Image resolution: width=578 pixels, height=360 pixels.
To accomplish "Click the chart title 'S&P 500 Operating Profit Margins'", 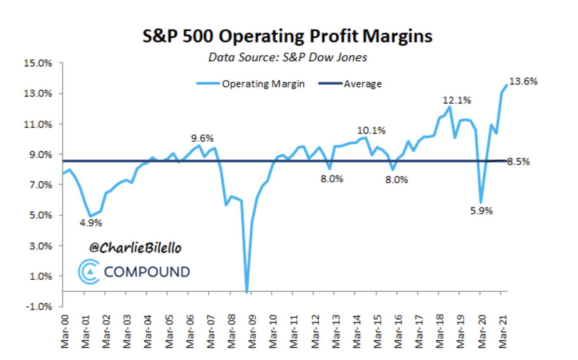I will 287,36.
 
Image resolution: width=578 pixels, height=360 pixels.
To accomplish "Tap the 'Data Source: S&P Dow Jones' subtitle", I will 287,57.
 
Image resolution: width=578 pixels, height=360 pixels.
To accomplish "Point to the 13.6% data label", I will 524,82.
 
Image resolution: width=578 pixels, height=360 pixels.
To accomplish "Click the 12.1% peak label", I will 457,101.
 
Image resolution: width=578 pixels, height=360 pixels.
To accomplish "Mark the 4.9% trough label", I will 90,223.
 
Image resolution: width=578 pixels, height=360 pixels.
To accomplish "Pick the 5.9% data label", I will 480,211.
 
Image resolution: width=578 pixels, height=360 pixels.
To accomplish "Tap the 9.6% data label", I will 202,139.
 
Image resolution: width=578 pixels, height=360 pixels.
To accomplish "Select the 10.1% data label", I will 371,130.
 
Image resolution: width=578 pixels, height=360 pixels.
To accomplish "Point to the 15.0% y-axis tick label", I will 39,63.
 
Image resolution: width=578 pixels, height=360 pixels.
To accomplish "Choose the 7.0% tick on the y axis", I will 40,185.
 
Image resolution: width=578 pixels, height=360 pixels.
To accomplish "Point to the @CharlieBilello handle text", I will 135,248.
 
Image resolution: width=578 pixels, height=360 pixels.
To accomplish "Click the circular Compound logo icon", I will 89,271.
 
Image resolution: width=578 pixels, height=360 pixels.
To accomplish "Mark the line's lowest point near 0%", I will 247,292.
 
